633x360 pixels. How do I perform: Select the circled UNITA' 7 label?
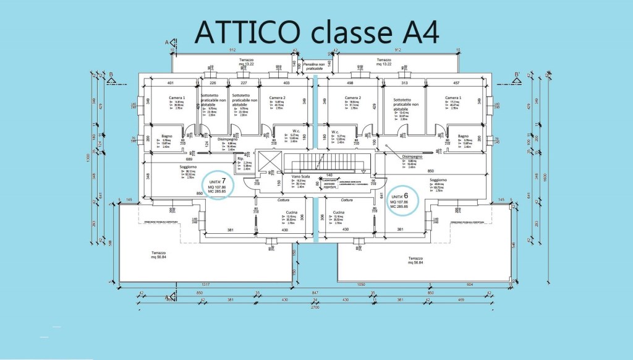coord(219,183)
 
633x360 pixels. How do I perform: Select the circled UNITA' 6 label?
coord(404,199)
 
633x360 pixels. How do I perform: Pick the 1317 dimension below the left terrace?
coord(207,285)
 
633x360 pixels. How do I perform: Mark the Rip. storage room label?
coord(240,159)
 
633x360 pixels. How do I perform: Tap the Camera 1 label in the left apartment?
coord(177,98)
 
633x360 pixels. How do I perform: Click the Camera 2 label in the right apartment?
coord(352,98)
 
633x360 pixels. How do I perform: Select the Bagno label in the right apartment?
coord(463,136)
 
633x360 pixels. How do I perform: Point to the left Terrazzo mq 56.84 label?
coord(160,255)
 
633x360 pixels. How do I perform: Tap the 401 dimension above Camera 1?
coord(170,83)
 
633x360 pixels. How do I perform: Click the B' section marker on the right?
coord(517,78)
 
